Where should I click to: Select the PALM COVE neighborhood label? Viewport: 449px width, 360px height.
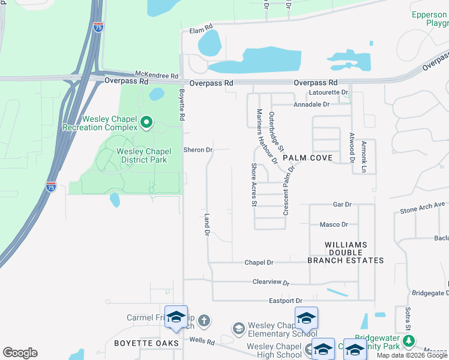point(308,157)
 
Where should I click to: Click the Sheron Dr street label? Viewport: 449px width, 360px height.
point(198,150)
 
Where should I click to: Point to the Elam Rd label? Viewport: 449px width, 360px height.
point(201,29)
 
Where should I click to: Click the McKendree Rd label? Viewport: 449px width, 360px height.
point(156,76)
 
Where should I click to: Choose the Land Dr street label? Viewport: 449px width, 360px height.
point(207,224)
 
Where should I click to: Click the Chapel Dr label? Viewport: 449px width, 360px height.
point(259,262)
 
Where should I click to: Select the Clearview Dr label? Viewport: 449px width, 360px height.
point(271,281)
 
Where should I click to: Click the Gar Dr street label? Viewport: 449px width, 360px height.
point(342,205)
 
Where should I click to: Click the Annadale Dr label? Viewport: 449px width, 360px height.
point(312,104)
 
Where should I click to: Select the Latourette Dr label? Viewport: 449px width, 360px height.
point(327,92)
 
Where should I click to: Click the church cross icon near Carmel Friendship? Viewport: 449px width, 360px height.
point(204,320)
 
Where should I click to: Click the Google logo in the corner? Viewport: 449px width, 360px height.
point(20,353)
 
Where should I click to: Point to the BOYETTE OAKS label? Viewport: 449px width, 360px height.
point(147,343)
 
